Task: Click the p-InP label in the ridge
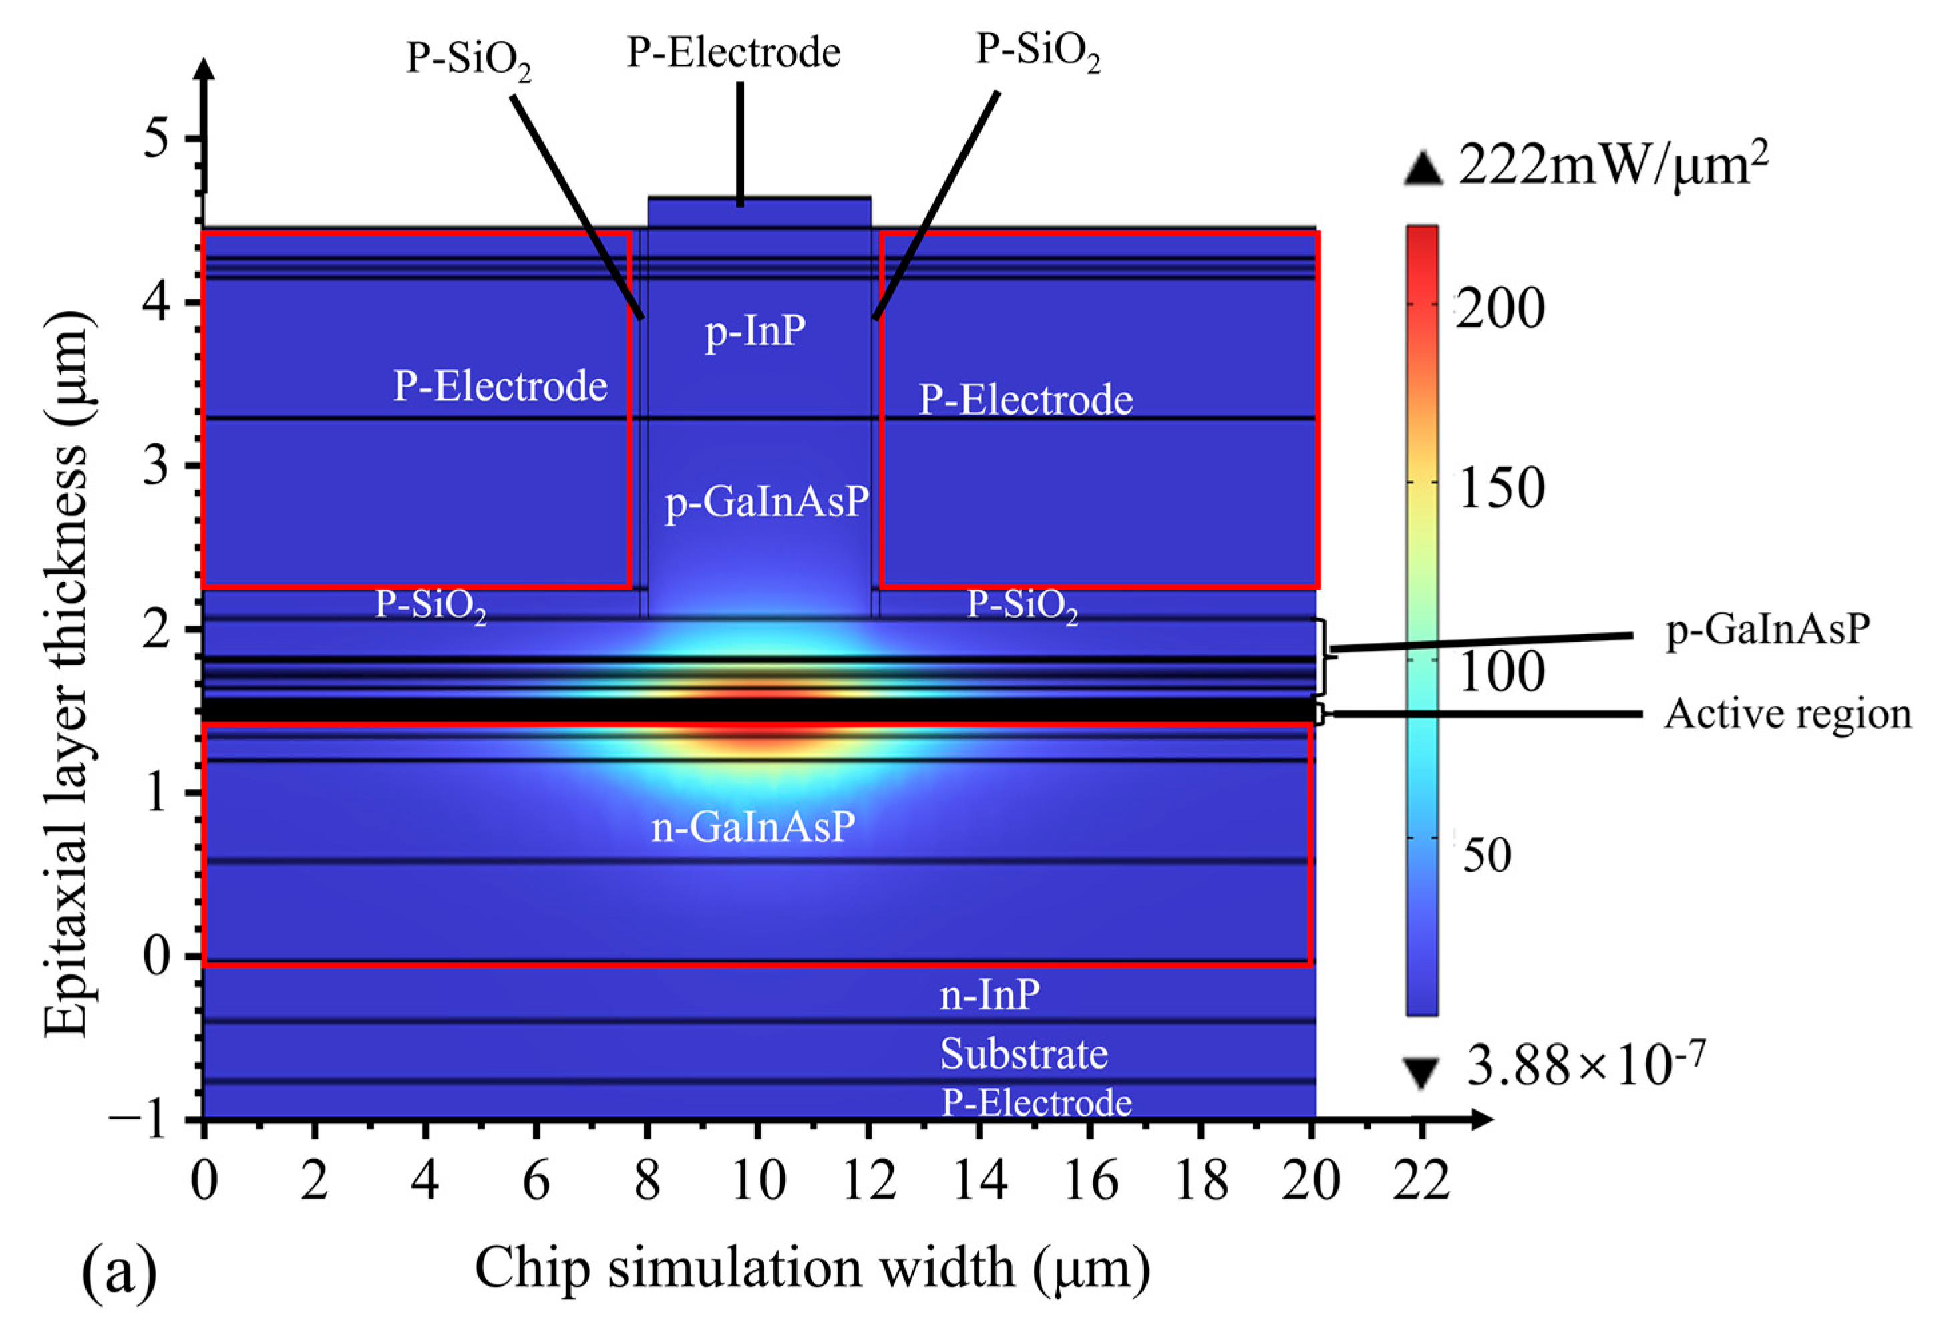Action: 755,331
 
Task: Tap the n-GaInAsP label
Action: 753,827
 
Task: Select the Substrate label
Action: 1023,1055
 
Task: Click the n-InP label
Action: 989,994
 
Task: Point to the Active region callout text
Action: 1787,715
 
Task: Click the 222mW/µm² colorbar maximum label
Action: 1613,166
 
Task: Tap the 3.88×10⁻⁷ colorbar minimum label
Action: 1585,1065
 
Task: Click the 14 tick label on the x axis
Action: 979,1181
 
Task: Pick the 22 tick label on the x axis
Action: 1421,1181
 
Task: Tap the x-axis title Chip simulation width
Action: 812,1268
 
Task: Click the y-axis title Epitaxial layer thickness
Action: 67,675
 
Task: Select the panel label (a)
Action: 119,1272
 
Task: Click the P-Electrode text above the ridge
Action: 733,53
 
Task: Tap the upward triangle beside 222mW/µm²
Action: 1422,169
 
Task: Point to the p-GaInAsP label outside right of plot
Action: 1767,630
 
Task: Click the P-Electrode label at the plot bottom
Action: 1037,1103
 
